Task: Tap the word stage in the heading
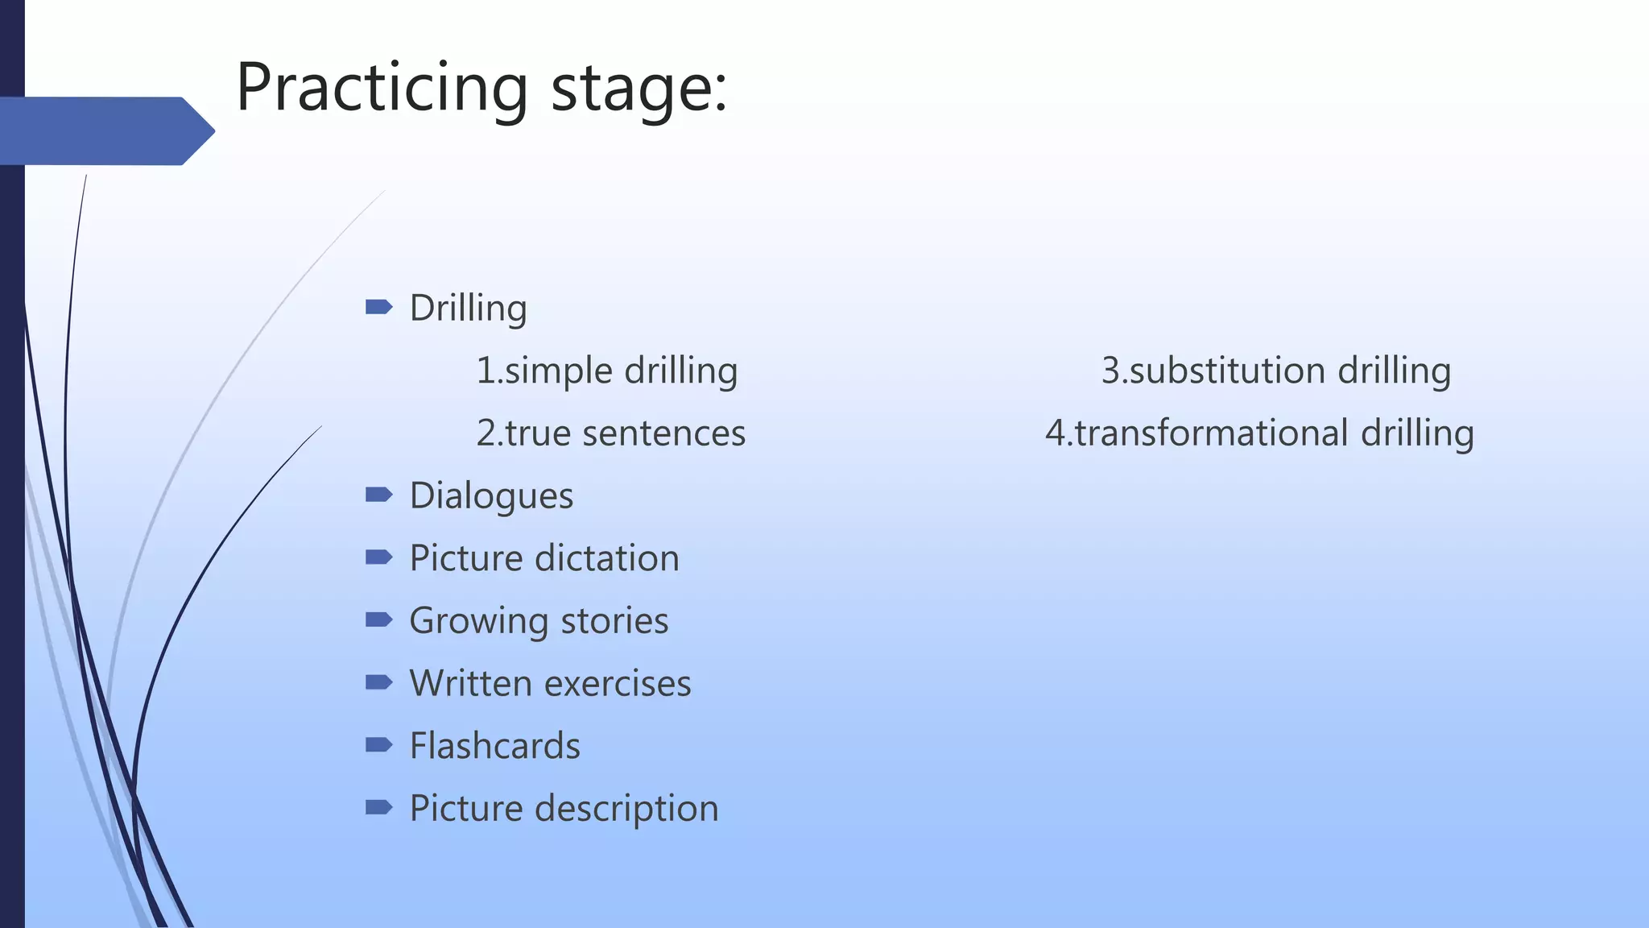pyautogui.click(x=639, y=88)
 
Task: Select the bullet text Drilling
pyautogui.click(x=468, y=308)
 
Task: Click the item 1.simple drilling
pyautogui.click(x=606, y=371)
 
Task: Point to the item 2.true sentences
pyautogui.click(x=610, y=433)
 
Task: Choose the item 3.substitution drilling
pyautogui.click(x=1275, y=371)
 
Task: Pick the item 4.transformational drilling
pyautogui.click(x=1259, y=433)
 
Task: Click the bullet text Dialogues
pyautogui.click(x=491, y=495)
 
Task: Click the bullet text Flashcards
pyautogui.click(x=494, y=746)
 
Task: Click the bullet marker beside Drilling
pyautogui.click(x=378, y=306)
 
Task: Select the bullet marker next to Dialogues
pyautogui.click(x=378, y=494)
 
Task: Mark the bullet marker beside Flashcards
pyautogui.click(x=378, y=744)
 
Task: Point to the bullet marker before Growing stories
pyautogui.click(x=378, y=619)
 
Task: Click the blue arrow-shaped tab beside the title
pyautogui.click(x=105, y=130)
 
